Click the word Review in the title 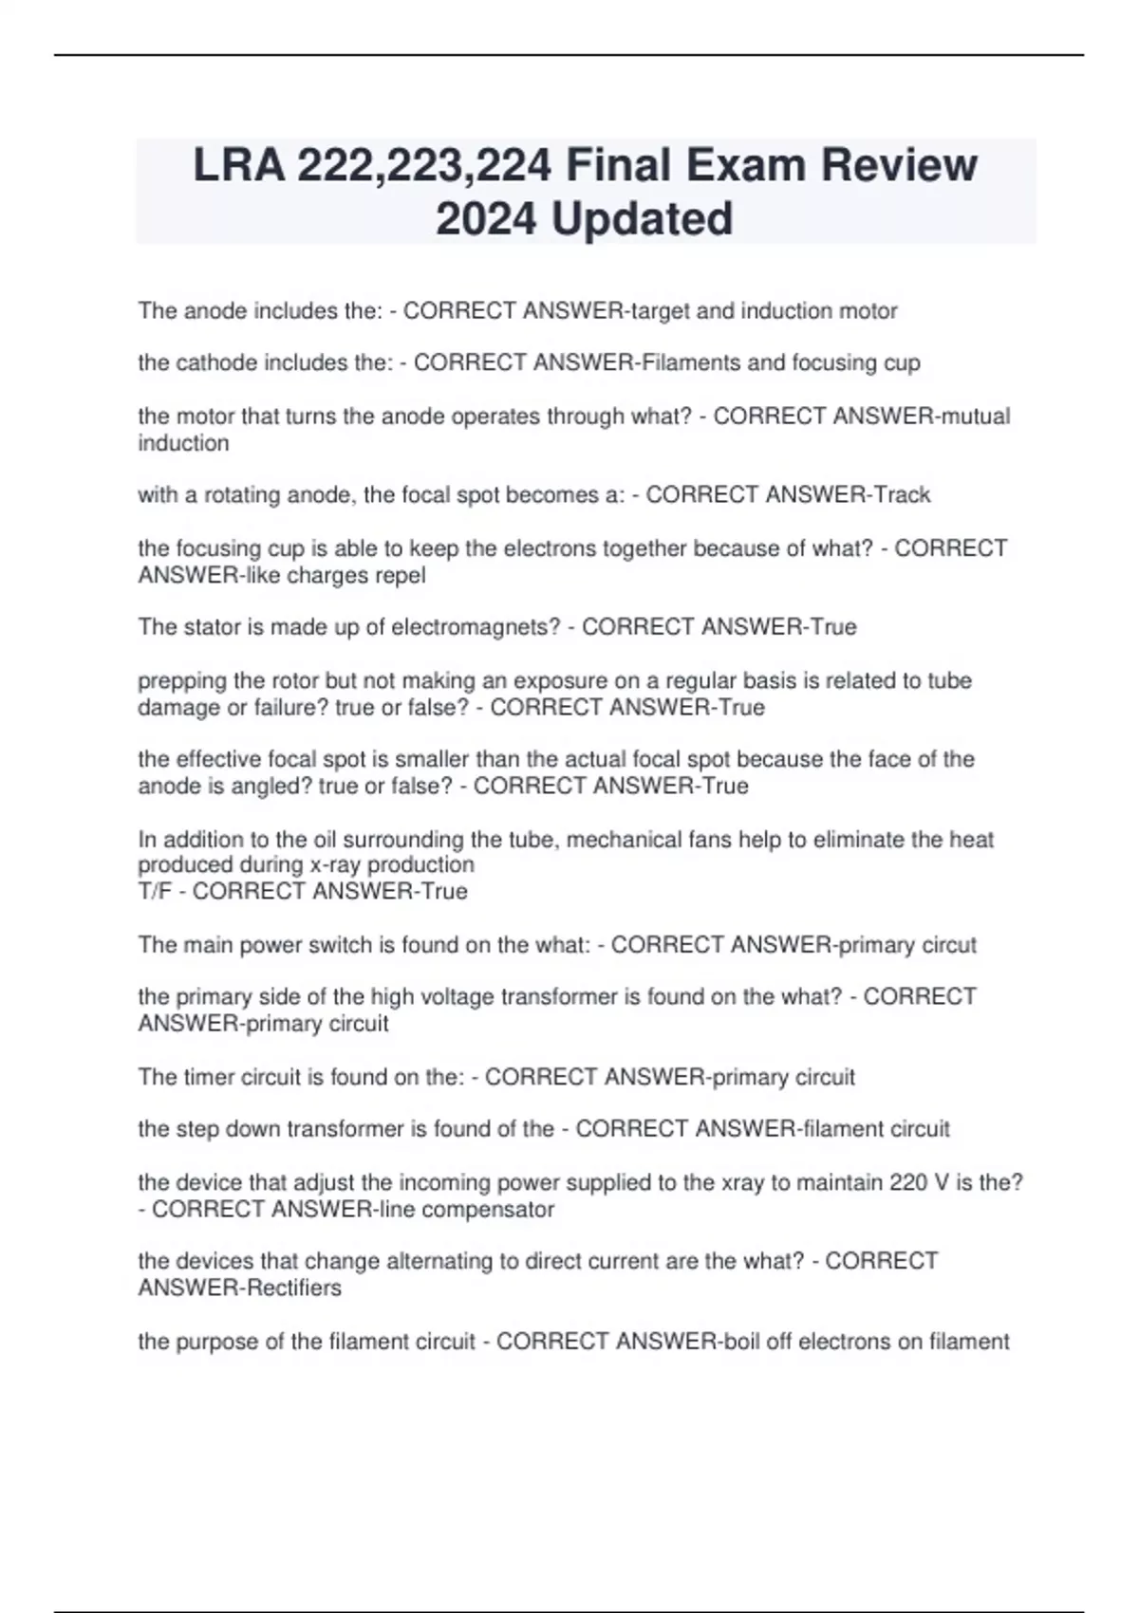(898, 165)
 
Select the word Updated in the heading (642, 218)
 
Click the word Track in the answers (902, 495)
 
